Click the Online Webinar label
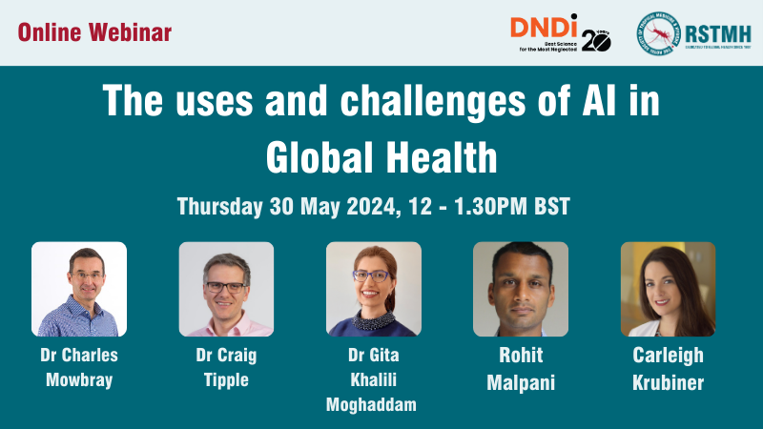click(94, 32)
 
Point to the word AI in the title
click(596, 102)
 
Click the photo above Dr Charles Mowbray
click(79, 289)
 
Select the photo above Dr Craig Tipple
click(226, 289)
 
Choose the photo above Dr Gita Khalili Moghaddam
click(374, 289)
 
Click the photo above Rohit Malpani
click(521, 289)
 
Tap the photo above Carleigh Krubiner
click(668, 289)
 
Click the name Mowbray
click(79, 378)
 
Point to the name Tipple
click(226, 378)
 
